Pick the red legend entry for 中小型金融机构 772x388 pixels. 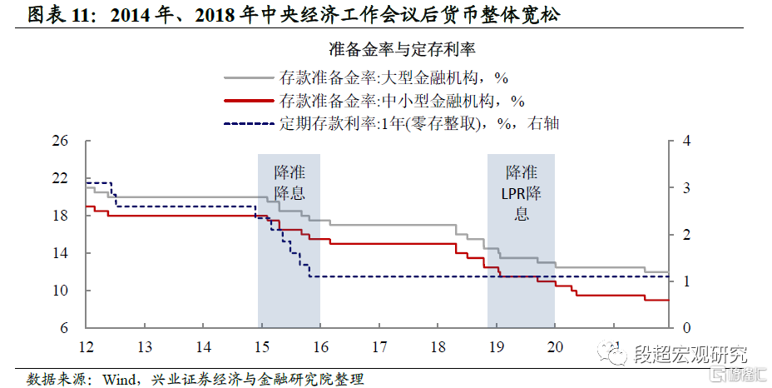click(x=402, y=101)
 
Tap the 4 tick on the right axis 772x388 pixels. click(x=685, y=141)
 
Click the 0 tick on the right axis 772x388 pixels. click(x=685, y=328)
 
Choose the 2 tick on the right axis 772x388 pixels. click(x=685, y=235)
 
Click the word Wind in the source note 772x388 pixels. click(x=119, y=379)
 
